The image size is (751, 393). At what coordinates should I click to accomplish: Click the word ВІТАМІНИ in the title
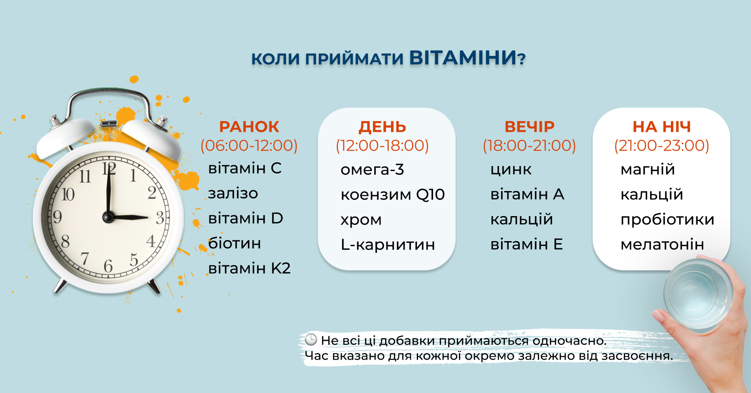(463, 58)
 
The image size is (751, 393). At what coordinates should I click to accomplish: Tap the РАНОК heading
(249, 127)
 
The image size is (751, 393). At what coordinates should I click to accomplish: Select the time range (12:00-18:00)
(382, 146)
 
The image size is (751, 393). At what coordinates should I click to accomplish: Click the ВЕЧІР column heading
(529, 126)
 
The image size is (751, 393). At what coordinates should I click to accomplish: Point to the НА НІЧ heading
(662, 127)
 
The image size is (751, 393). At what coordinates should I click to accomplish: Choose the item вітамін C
(245, 168)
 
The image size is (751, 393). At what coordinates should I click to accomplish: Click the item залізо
(233, 193)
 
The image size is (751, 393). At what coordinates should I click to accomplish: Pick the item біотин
(234, 243)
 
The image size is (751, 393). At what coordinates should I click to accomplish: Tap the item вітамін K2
(249, 268)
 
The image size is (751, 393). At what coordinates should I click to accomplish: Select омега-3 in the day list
(372, 169)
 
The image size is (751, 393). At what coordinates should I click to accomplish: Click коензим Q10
(393, 194)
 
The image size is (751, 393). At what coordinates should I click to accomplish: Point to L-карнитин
(388, 244)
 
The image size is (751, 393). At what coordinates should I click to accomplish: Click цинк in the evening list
(511, 169)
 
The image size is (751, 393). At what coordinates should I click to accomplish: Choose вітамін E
(527, 244)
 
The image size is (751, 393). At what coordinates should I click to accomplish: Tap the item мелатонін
(662, 244)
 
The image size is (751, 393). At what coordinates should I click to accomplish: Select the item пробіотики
(668, 219)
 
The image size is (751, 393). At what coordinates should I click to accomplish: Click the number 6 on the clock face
(108, 266)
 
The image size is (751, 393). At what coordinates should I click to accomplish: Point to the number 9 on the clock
(57, 217)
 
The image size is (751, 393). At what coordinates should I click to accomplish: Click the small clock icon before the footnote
(311, 340)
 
